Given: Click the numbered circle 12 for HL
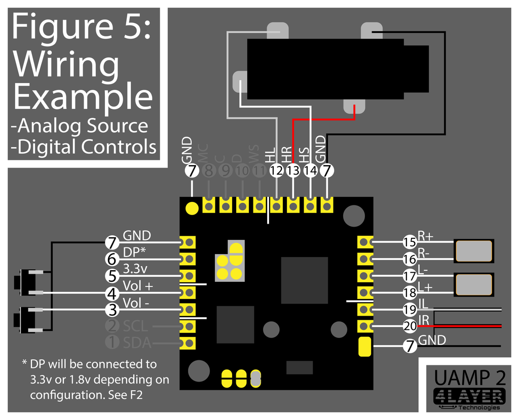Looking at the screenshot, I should point(276,171).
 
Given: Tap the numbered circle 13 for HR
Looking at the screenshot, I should point(293,171).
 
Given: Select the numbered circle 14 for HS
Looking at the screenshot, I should point(310,171).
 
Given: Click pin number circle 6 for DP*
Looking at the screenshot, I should point(112,259).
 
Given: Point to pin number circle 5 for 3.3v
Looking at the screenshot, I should point(112,276).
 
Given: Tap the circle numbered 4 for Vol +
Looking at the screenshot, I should point(112,293).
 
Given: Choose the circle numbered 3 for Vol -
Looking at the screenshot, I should point(112,310).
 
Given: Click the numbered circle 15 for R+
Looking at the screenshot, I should point(410,242).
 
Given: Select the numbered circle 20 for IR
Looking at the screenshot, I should point(410,326).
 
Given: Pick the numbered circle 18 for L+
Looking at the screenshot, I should point(410,293).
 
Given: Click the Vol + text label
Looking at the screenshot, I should point(138,286).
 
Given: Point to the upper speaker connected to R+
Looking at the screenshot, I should point(474,250).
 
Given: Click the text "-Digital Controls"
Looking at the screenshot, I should point(84,147).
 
